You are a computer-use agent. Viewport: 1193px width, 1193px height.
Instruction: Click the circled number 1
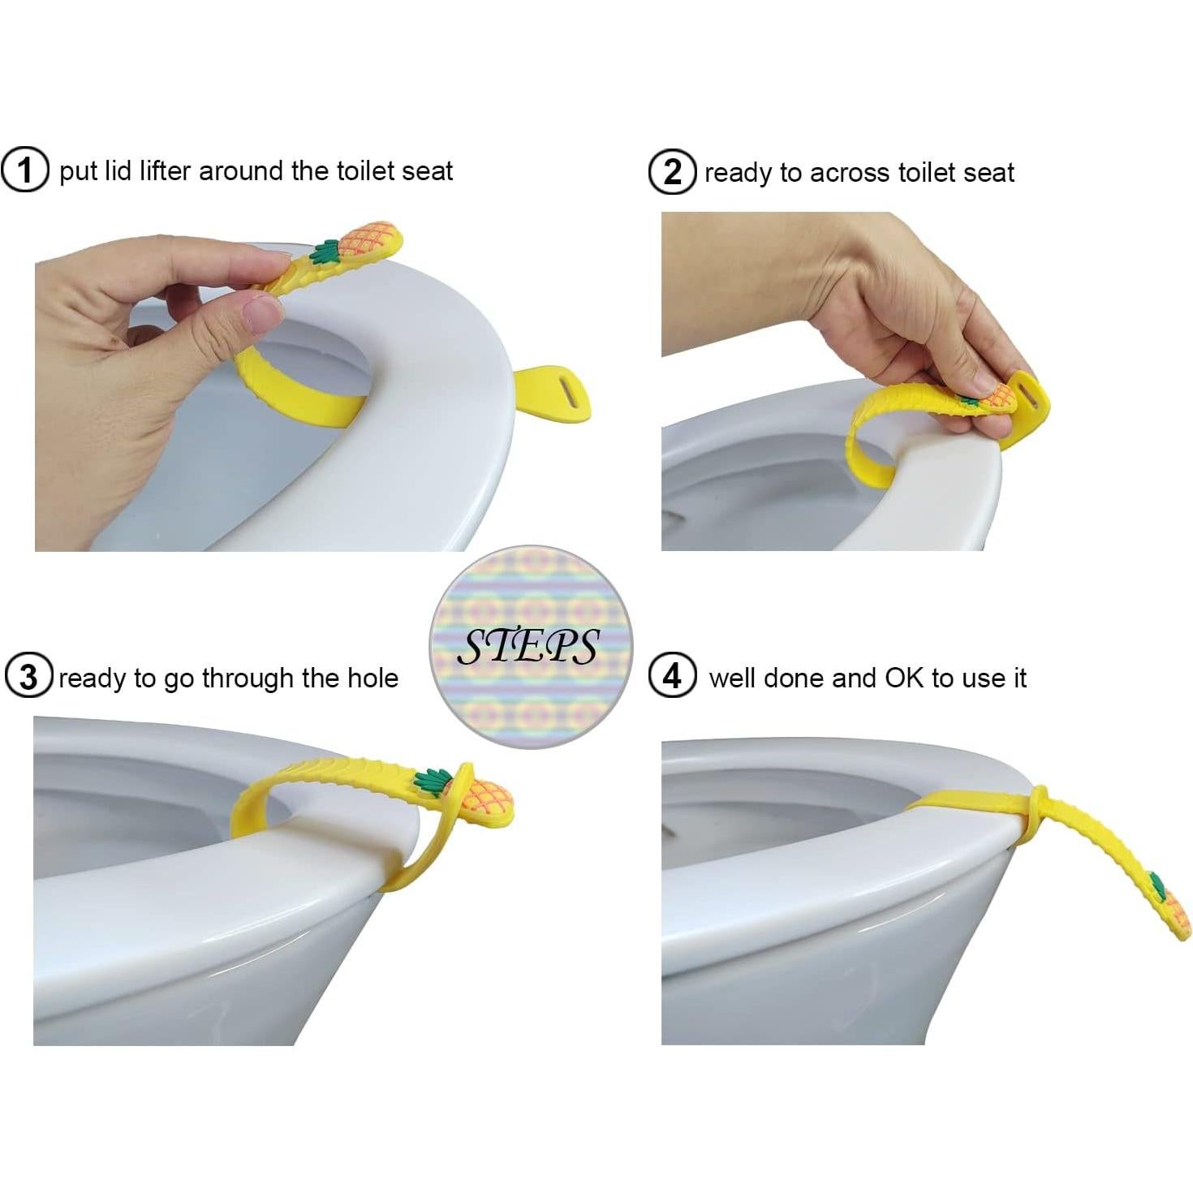pos(25,170)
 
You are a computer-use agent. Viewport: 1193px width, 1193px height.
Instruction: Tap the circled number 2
pos(672,172)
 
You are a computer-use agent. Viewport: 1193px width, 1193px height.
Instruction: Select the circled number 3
pos(28,677)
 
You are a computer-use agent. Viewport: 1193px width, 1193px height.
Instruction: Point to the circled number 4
pos(672,676)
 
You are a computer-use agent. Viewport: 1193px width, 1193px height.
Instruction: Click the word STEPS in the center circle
pos(529,647)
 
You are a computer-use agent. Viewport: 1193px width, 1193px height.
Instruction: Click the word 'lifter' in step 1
pos(166,171)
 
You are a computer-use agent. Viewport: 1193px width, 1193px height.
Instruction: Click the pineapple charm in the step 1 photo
pos(369,241)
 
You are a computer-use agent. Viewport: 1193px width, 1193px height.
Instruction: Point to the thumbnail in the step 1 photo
pos(261,314)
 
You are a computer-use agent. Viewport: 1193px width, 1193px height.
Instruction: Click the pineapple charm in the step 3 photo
pos(485,799)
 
